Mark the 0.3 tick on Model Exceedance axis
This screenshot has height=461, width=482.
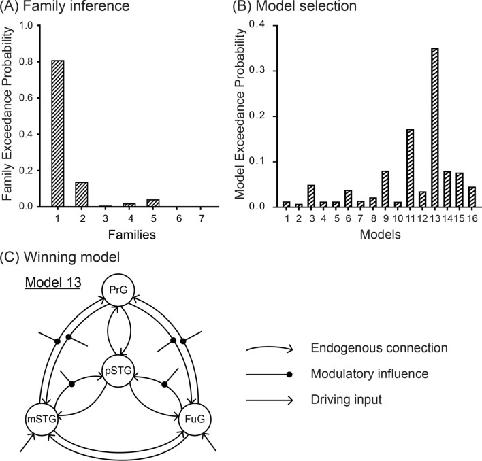(255, 71)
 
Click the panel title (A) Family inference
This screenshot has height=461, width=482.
(63, 10)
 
